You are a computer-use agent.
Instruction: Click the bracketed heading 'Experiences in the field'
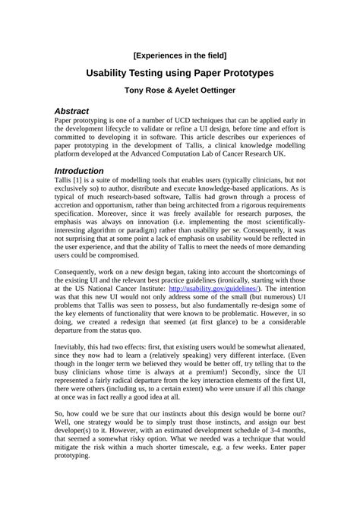coord(179,55)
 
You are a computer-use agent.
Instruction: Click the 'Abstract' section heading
coord(72,111)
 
